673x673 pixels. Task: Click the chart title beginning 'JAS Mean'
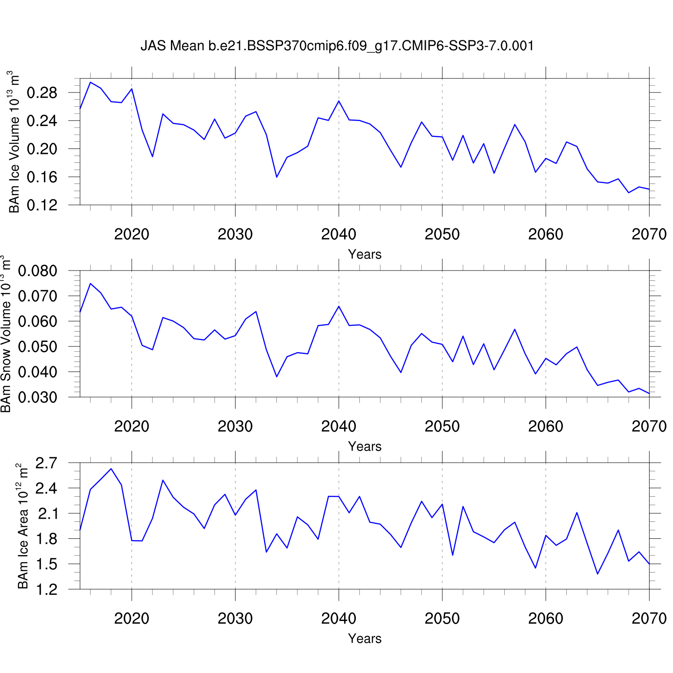[337, 46]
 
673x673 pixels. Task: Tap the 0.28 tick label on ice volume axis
[42, 93]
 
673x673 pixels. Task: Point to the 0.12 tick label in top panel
[42, 205]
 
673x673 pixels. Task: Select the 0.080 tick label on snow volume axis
[38, 271]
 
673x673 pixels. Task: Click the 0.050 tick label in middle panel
[38, 347]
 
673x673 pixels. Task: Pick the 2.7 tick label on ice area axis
[46, 463]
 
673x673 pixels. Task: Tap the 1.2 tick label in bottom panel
[46, 589]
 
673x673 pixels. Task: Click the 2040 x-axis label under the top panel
[339, 234]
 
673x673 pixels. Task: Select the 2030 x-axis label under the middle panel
[235, 426]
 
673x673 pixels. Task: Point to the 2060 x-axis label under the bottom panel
[546, 618]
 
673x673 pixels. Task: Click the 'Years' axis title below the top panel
[365, 254]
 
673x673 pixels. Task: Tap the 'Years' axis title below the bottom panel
[365, 638]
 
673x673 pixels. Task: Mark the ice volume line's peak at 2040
[339, 101]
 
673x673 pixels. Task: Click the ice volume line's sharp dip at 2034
[277, 177]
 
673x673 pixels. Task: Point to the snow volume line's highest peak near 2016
[90, 284]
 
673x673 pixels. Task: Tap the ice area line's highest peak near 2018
[111, 469]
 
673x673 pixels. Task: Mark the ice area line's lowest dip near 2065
[598, 574]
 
